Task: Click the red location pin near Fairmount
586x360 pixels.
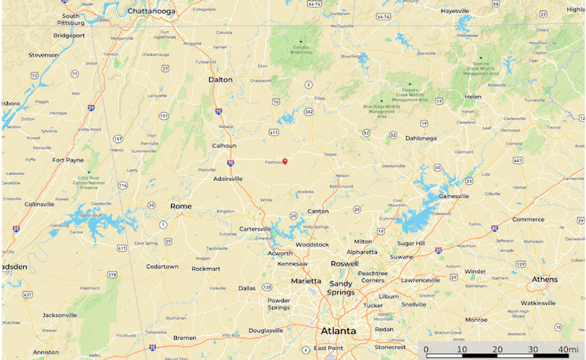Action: point(285,161)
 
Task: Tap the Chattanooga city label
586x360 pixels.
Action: point(152,11)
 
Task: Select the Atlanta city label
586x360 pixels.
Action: point(339,331)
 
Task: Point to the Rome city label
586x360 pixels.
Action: point(181,206)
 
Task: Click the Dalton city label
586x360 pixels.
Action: point(220,80)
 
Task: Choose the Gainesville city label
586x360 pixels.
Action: point(453,196)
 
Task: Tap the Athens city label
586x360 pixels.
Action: point(545,279)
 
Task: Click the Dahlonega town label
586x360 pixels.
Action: point(422,137)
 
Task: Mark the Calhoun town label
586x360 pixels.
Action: point(224,145)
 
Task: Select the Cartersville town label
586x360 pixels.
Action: point(255,229)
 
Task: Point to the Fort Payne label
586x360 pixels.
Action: point(68,160)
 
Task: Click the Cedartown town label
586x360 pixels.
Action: point(162,266)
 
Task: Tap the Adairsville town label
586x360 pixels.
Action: point(233,179)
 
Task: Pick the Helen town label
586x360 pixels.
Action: point(473,96)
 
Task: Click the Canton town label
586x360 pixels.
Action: point(318,211)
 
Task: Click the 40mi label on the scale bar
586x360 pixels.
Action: point(568,349)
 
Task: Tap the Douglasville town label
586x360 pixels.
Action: point(265,330)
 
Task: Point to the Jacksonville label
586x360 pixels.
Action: point(59,315)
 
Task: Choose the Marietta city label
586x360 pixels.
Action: point(306,280)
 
